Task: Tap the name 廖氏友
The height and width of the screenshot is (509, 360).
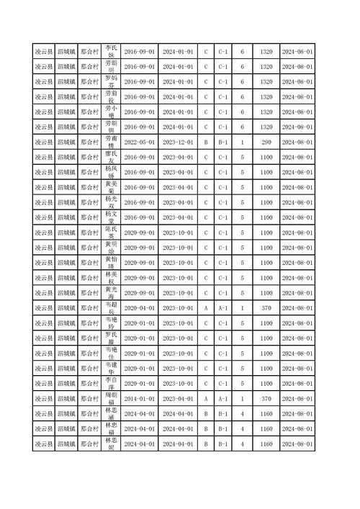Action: click(x=111, y=157)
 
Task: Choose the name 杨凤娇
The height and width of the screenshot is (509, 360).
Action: click(x=111, y=173)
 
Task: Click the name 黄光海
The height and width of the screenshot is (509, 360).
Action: click(x=111, y=293)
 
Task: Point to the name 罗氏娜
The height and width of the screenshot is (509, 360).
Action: click(x=111, y=338)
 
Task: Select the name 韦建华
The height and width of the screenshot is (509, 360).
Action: click(x=111, y=369)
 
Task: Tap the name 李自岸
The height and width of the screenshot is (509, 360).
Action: click(x=111, y=383)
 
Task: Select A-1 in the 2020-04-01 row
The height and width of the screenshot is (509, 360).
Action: click(x=223, y=308)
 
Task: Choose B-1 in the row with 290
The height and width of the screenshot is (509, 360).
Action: click(x=223, y=143)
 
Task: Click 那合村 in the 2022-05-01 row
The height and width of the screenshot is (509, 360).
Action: click(x=89, y=143)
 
